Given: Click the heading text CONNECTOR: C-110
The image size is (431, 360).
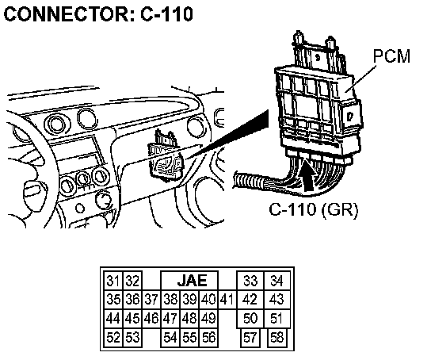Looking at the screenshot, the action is coord(98,13).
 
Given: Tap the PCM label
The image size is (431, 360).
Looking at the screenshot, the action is coord(391,56).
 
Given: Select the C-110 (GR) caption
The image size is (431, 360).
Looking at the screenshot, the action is coord(314,210).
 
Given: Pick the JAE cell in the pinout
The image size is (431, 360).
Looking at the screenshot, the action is coord(189,281).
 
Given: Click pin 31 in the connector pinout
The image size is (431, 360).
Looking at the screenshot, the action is coord(113,281).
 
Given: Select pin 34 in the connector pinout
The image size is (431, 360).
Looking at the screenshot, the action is coord(277,281).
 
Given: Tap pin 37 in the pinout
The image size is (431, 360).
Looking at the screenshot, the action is coord(151,299).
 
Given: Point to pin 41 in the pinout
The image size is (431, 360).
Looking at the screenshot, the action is coord(227,299).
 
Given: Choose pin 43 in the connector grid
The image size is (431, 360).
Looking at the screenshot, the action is coord(277,299).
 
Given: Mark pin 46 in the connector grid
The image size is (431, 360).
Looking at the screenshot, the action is coord(151,318).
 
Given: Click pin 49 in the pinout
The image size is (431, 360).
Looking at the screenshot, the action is coord(208,318).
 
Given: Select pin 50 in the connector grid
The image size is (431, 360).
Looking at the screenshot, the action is coord(250,318).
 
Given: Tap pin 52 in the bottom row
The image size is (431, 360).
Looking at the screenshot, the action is coord(113,338).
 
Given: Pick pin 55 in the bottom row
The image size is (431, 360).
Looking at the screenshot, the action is coord(189,338).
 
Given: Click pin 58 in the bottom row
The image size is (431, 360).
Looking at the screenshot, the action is coord(277,338).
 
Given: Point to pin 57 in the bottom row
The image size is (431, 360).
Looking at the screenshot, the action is coord(250,338).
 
